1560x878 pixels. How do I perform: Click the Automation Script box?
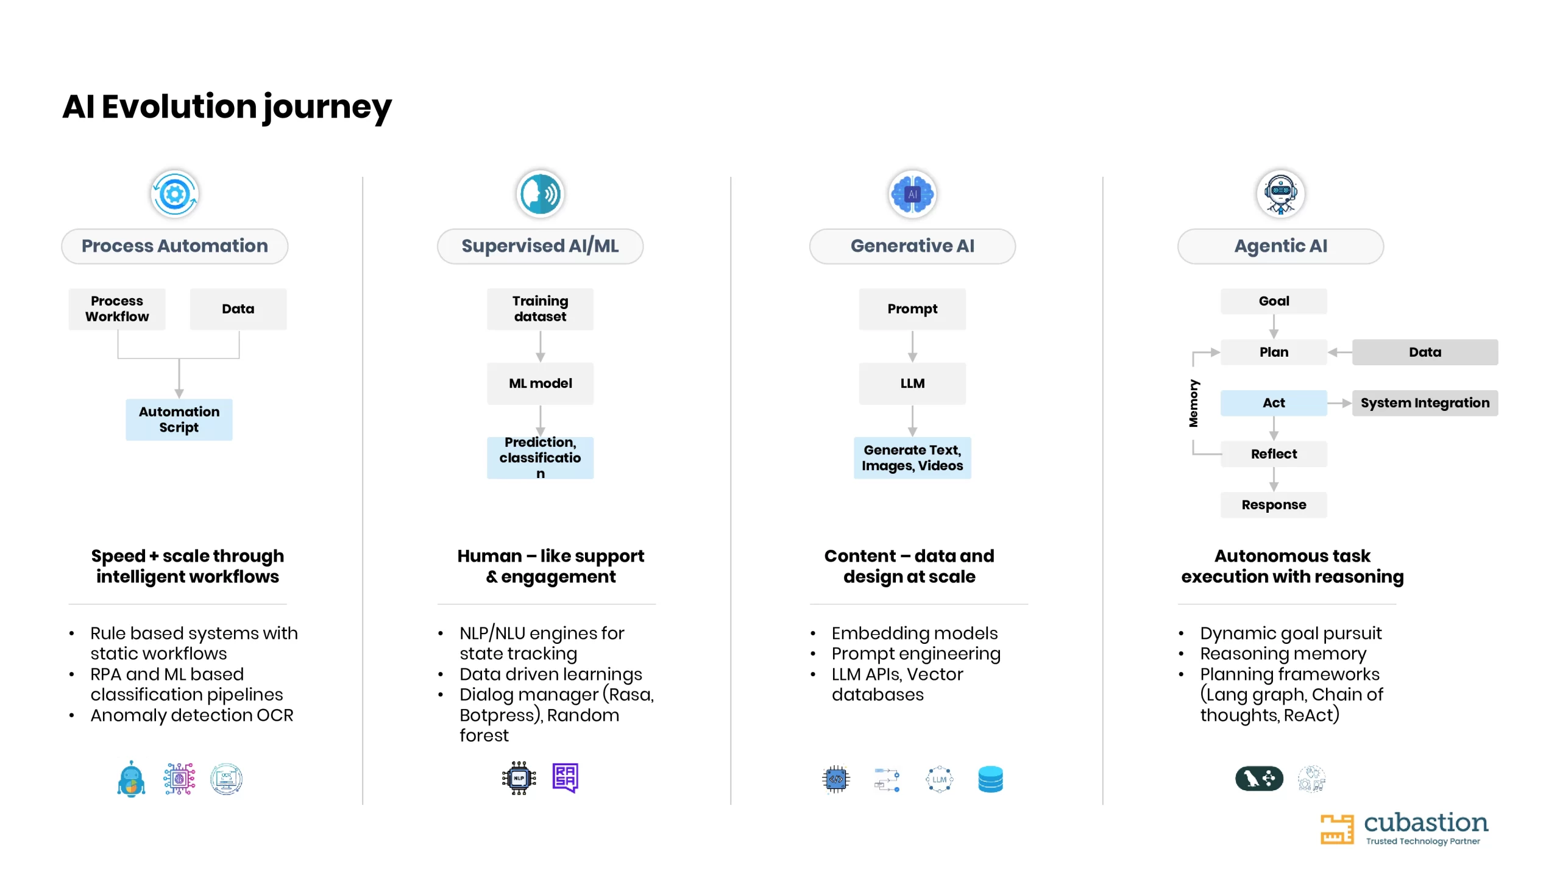tap(179, 419)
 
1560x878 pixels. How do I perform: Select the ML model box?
tap(540, 384)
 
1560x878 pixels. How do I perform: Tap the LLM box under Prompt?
tap(912, 384)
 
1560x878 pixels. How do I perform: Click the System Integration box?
tap(1425, 403)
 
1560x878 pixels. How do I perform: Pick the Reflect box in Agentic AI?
tap(1274, 454)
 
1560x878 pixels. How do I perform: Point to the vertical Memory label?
tap(1193, 403)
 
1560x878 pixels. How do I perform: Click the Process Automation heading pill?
tap(174, 246)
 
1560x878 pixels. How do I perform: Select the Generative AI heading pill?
tap(912, 246)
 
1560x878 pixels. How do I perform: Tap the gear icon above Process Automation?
tap(174, 195)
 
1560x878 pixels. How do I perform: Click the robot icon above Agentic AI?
tap(1280, 195)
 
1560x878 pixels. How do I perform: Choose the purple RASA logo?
tap(565, 778)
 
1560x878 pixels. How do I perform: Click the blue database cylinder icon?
tap(990, 779)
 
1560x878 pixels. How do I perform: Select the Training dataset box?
tap(540, 309)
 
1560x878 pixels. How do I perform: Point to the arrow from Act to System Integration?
tap(1339, 403)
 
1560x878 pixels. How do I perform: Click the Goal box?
tap(1274, 301)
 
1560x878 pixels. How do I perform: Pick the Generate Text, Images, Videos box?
tap(912, 458)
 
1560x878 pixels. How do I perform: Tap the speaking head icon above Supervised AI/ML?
tap(540, 195)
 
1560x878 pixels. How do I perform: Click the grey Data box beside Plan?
tap(1425, 352)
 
